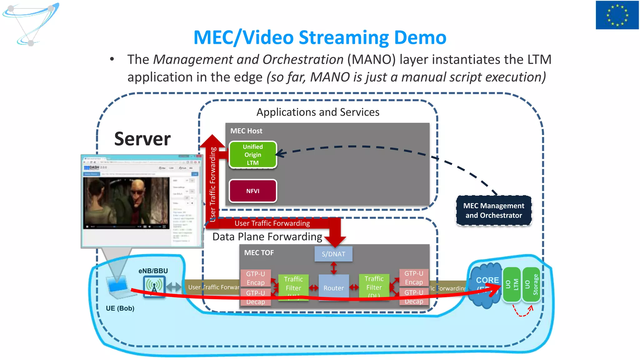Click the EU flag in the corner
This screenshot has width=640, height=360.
[617, 15]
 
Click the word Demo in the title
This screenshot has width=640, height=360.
[420, 37]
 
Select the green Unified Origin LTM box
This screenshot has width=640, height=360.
[253, 155]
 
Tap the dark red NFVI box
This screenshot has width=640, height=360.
[253, 191]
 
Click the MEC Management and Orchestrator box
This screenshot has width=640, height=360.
[493, 210]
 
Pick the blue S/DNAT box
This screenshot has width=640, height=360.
[333, 254]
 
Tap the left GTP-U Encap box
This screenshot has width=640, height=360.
[255, 278]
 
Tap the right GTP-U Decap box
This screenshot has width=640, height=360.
[414, 297]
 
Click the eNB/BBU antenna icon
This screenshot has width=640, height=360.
[154, 287]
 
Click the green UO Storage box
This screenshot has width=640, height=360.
[531, 285]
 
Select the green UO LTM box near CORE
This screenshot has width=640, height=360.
[512, 285]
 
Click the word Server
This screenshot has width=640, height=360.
[142, 139]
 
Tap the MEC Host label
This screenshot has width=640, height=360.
[246, 131]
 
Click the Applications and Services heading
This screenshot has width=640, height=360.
[318, 112]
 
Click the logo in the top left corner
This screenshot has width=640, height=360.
[31, 24]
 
